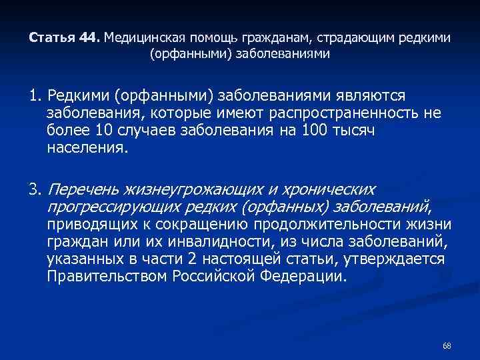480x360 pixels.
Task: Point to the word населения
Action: [86, 147]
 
